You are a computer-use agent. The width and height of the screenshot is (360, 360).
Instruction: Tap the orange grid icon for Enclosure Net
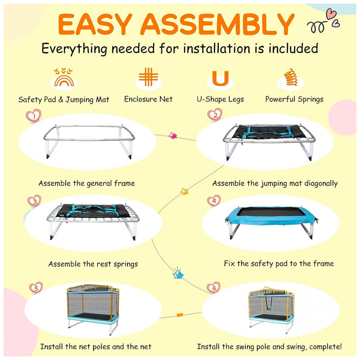pyautogui.click(x=148, y=77)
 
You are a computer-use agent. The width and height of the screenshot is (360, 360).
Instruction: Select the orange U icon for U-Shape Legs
pyautogui.click(x=220, y=78)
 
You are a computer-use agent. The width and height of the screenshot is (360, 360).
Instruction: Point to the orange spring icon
pyautogui.click(x=291, y=77)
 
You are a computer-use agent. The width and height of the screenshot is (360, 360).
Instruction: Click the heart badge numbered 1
pyautogui.click(x=33, y=116)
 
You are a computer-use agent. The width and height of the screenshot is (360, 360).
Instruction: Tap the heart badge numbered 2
pyautogui.click(x=215, y=114)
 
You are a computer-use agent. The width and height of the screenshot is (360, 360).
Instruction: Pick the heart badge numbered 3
pyautogui.click(x=34, y=201)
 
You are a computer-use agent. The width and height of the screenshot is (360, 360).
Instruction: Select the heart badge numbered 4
pyautogui.click(x=214, y=201)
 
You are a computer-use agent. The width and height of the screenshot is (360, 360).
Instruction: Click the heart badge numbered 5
pyautogui.click(x=36, y=288)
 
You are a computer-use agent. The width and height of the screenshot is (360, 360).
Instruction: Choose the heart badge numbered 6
pyautogui.click(x=213, y=288)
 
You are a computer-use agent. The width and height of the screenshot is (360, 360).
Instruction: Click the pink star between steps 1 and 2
pyautogui.click(x=173, y=136)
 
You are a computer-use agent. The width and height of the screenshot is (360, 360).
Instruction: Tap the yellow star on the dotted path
pyautogui.click(x=184, y=191)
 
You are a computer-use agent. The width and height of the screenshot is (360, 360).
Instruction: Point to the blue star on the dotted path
pyautogui.click(x=178, y=274)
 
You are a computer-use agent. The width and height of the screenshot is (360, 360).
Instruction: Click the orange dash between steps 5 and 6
pyautogui.click(x=180, y=315)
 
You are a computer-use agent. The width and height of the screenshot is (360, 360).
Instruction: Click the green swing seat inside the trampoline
pyautogui.click(x=270, y=308)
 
